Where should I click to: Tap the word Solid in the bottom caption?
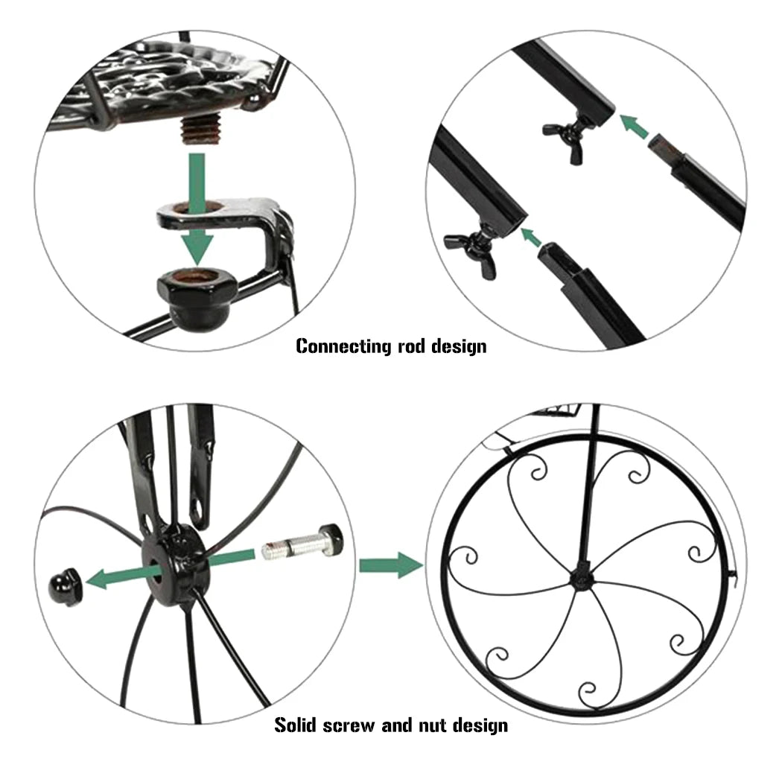[299, 725]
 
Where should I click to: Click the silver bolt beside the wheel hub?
[302, 542]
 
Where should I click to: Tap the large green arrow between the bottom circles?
[390, 565]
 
